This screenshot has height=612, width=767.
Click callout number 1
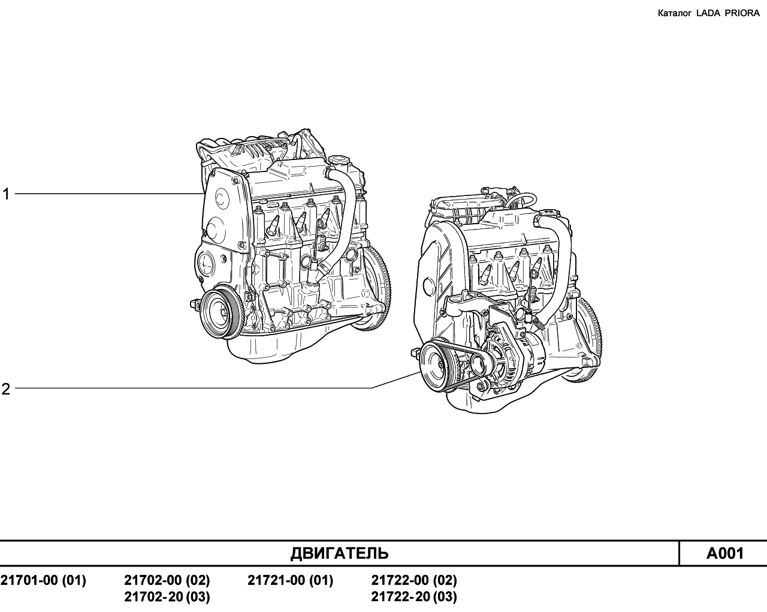pyautogui.click(x=6, y=194)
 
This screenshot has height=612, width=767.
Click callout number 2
pyautogui.click(x=6, y=389)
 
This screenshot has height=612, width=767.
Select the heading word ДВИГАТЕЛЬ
pyautogui.click(x=339, y=553)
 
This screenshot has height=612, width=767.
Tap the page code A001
pyautogui.click(x=725, y=553)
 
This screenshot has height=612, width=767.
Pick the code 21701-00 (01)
pyautogui.click(x=43, y=580)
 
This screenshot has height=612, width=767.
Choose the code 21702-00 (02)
pyautogui.click(x=167, y=580)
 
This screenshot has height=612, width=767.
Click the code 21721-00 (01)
pyautogui.click(x=291, y=580)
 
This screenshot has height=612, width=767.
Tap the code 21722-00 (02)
pyautogui.click(x=414, y=580)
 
